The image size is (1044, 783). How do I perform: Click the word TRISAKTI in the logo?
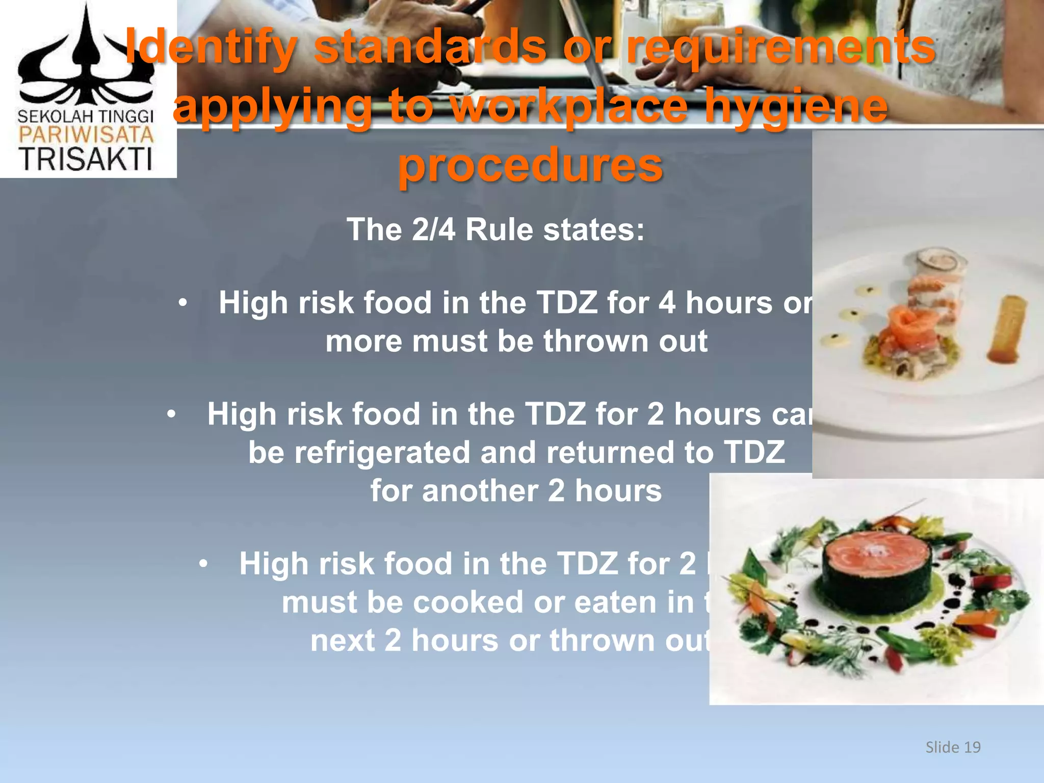pyautogui.click(x=86, y=159)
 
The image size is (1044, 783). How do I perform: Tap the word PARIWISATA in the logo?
pyautogui.click(x=86, y=135)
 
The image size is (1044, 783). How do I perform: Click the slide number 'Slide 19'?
pyautogui.click(x=953, y=747)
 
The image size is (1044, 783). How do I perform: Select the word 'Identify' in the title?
pyautogui.click(x=211, y=47)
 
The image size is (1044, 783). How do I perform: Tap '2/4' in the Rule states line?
pyautogui.click(x=433, y=229)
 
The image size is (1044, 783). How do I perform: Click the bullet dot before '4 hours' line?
pyautogui.click(x=182, y=304)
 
